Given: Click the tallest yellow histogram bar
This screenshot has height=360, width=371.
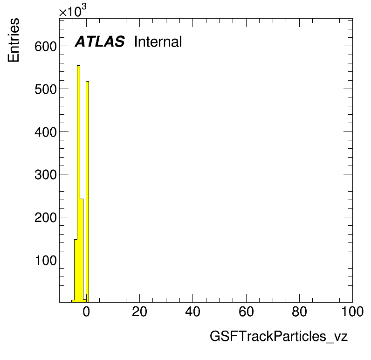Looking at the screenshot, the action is [79, 184].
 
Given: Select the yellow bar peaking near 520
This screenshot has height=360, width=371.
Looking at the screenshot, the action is [87, 192].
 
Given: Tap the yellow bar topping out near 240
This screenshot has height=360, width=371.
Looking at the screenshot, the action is [82, 250].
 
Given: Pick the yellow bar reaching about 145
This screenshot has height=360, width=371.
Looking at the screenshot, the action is [76, 271].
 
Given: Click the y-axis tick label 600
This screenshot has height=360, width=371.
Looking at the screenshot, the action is [46, 46].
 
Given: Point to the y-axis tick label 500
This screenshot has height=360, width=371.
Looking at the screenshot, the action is [46, 89].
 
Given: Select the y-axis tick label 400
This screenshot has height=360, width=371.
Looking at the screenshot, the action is [46, 132].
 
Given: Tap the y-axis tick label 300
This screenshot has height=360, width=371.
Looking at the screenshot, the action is [46, 175].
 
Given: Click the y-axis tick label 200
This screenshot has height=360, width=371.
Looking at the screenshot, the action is [46, 217].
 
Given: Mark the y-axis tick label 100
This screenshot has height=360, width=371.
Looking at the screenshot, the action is [46, 260].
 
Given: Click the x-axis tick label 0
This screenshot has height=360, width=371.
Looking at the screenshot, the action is [86, 312].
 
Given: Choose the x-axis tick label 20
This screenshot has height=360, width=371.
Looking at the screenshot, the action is [140, 312].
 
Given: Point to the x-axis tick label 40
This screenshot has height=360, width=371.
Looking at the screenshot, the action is [193, 312].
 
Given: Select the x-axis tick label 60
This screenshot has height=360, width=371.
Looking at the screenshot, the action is [246, 312].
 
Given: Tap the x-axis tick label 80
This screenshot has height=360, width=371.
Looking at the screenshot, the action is [299, 312].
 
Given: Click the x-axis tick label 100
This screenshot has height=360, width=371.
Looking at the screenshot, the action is [352, 312].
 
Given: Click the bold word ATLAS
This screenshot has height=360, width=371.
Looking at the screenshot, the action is [100, 42].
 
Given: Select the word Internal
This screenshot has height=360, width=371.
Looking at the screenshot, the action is [158, 42].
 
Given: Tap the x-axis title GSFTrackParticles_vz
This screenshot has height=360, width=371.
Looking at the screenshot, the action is [279, 336].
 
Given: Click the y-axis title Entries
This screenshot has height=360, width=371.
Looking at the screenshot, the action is [14, 40].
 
